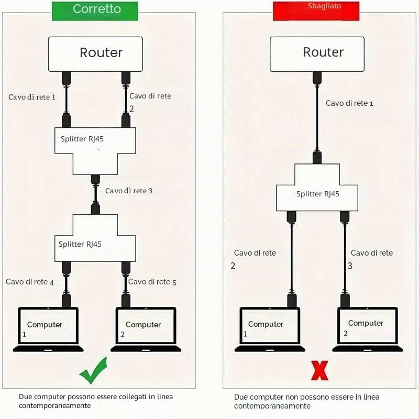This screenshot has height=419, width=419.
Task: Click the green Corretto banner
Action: pos(95,11)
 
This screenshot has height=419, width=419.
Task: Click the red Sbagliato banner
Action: pos(316,11)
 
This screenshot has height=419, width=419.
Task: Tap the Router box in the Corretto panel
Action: pos(95,54)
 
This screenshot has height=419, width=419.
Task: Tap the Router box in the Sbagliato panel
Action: pos(317,54)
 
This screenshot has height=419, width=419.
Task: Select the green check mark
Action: pos(94,371)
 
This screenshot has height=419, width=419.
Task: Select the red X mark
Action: pos(319,371)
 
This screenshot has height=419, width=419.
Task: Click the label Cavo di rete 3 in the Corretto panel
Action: pos(129,191)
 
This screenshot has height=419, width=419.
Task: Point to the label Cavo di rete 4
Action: pos(30,282)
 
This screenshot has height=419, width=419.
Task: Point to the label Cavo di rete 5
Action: pos(152,282)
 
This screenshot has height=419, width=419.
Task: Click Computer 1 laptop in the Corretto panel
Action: pos(48,329)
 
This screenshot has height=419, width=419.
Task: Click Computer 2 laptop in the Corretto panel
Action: pos(146,329)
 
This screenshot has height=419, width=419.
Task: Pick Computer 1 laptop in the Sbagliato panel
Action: pos(270,329)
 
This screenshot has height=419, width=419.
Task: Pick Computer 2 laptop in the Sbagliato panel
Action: pos(368,329)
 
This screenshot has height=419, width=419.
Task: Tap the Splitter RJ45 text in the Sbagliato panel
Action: pos(318,194)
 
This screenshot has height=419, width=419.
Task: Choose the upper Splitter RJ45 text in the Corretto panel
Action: pos(82,139)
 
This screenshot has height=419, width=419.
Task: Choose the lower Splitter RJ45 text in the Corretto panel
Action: pos(80,244)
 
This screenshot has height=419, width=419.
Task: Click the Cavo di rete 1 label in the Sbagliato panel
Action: pos(349,103)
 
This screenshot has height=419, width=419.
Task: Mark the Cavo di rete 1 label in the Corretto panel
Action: pos(32,97)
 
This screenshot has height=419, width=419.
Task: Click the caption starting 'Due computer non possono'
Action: pos(307,401)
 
